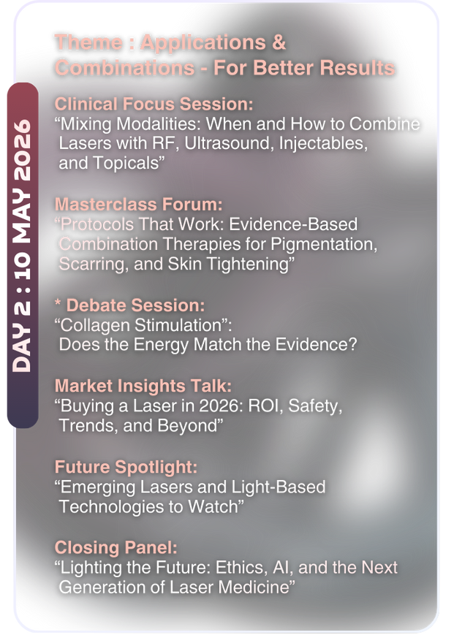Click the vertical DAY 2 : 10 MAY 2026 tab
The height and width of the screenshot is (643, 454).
click(x=23, y=255)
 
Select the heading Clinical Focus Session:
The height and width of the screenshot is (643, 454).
click(x=154, y=104)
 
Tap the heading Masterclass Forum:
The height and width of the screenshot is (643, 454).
click(x=139, y=204)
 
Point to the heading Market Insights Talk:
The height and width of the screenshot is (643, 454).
click(x=143, y=386)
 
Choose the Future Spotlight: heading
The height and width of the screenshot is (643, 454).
click(x=126, y=467)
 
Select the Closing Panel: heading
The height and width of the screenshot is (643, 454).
click(x=116, y=548)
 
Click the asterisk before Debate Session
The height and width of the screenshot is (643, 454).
click(x=58, y=303)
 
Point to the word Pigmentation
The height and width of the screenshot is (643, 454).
click(x=324, y=244)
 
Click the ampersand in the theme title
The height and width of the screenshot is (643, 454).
click(x=279, y=42)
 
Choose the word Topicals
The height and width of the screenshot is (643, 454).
click(x=126, y=164)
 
